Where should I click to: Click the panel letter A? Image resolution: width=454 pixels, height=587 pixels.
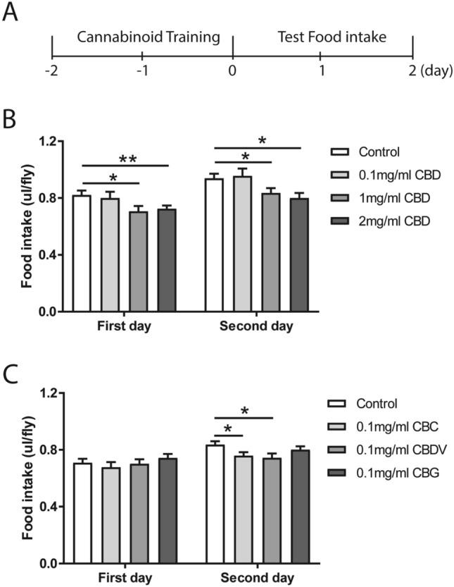10,13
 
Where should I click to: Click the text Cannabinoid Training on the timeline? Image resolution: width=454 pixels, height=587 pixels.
143,37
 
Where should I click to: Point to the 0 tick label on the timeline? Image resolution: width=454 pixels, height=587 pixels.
232,72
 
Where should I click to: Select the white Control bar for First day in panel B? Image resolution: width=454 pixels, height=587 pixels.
82,253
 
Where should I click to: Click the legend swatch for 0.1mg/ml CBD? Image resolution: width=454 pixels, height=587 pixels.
341,175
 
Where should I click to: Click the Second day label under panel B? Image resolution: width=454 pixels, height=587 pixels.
257,327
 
